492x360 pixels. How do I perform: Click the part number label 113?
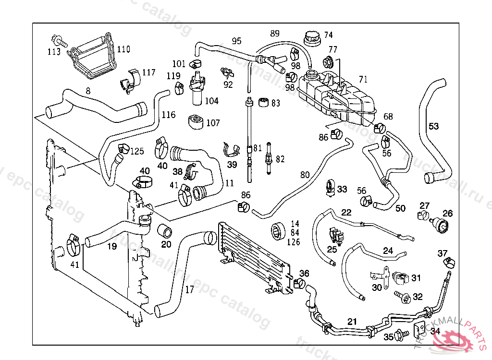coord(54,51)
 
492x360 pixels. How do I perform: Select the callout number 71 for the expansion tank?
coord(363,79)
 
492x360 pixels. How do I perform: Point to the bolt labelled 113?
coord(56,39)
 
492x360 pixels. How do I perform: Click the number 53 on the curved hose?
coord(433,126)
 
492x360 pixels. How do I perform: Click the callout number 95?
coord(236,41)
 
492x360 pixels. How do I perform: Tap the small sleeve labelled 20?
coord(166,231)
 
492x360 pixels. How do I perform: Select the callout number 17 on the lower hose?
coord(190,289)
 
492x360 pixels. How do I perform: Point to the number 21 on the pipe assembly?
coord(352,321)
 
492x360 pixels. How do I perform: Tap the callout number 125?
coord(137,152)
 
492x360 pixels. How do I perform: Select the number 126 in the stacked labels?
coord(293,242)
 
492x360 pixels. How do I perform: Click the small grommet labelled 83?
coord(263,102)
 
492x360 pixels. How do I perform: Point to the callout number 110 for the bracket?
coord(123,49)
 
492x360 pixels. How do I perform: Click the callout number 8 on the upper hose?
coord(88,90)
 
